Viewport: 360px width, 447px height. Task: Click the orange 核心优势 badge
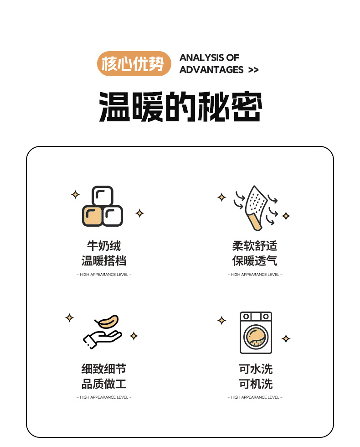(x=134, y=63)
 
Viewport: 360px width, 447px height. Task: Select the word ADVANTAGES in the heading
(x=211, y=70)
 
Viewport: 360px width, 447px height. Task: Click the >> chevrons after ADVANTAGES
(x=253, y=70)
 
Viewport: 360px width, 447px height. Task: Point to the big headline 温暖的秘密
(x=180, y=107)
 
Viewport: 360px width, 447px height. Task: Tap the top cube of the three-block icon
(x=103, y=196)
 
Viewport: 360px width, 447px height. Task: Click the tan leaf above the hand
(x=107, y=322)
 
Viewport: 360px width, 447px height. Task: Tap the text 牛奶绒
(x=104, y=246)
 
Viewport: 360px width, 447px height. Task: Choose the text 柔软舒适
(x=255, y=246)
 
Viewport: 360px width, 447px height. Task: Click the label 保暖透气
(x=255, y=261)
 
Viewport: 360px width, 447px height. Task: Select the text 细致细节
(x=104, y=369)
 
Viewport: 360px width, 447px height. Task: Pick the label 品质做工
(x=104, y=384)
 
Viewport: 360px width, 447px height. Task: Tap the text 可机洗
(x=256, y=384)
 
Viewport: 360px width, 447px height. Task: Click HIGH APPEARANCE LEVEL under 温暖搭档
(x=104, y=275)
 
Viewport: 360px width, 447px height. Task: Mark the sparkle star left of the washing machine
(x=221, y=320)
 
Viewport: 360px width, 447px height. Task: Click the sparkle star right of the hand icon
(x=134, y=336)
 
